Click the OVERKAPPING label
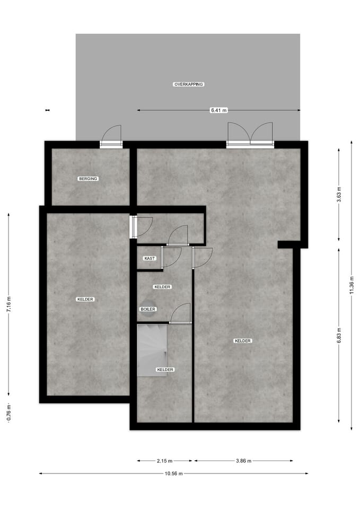pyautogui.click(x=189, y=84)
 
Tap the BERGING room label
pyautogui.click(x=89, y=179)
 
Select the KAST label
pyautogui.click(x=150, y=258)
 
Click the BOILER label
pyautogui.click(x=148, y=309)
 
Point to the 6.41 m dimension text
pyautogui.click(x=219, y=110)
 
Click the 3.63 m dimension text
pyautogui.click(x=339, y=195)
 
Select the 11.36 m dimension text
pyautogui.click(x=352, y=285)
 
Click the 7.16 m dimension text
pyautogui.click(x=9, y=304)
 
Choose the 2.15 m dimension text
pyautogui.click(x=164, y=461)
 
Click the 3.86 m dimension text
pyautogui.click(x=244, y=461)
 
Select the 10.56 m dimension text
pyautogui.click(x=174, y=473)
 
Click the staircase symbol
pyautogui.click(x=152, y=350)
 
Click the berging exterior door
pyautogui.click(x=111, y=137)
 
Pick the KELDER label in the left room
pyautogui.click(x=85, y=299)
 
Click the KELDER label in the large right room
pyautogui.click(x=243, y=341)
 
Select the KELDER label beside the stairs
pyautogui.click(x=165, y=370)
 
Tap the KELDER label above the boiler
pyautogui.click(x=162, y=287)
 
